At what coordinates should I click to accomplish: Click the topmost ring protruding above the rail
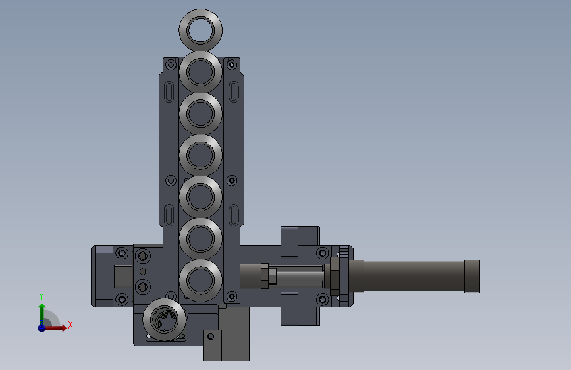(x=200, y=30)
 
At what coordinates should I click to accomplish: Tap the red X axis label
(x=70, y=325)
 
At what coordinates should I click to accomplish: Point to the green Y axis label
(x=41, y=296)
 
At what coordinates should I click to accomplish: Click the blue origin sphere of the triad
(x=41, y=327)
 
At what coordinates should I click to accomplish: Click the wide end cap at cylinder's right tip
(x=472, y=276)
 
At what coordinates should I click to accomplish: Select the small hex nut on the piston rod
(x=265, y=276)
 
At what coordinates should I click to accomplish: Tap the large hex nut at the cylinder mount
(x=334, y=276)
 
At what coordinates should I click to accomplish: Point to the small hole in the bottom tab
(x=211, y=336)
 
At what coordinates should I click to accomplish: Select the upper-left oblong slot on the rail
(x=170, y=90)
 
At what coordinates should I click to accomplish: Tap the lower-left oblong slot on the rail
(x=170, y=214)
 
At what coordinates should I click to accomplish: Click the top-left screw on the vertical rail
(x=171, y=65)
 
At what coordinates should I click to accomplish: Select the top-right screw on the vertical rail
(x=231, y=65)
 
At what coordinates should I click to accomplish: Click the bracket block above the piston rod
(x=299, y=242)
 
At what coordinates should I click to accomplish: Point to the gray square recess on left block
(x=122, y=276)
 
